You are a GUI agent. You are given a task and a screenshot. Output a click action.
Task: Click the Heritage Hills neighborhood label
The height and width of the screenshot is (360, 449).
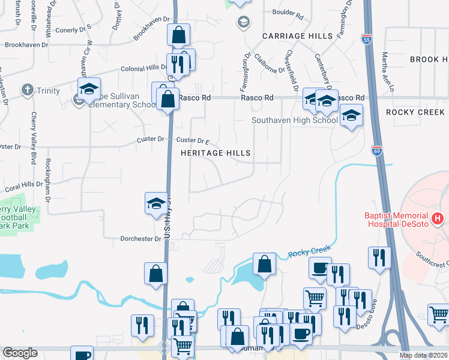pyautogui.click(x=215, y=153)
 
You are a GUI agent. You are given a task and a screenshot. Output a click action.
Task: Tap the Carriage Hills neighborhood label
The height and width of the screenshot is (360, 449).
pyautogui.click(x=297, y=36)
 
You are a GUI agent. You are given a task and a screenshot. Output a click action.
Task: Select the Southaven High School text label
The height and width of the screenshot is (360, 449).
pyautogui.click(x=295, y=120)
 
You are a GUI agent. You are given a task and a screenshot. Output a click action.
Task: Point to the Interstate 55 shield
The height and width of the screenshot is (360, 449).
pyautogui.click(x=367, y=39)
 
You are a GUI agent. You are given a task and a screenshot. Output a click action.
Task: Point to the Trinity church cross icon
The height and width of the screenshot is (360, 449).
pyautogui.click(x=27, y=91)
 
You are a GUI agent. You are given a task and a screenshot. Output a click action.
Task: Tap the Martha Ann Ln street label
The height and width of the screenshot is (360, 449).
pyautogui.click(x=387, y=72)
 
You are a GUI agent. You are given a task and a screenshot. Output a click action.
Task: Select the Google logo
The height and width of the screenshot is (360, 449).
pyautogui.click(x=20, y=353)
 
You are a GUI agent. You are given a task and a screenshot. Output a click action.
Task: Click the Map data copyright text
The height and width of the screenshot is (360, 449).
pyautogui.click(x=423, y=355)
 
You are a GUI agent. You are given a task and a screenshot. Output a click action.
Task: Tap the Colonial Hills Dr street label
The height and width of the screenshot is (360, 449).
pyautogui.click(x=142, y=68)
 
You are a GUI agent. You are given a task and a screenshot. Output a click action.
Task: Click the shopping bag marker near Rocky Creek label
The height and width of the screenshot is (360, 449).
pyautogui.click(x=264, y=263)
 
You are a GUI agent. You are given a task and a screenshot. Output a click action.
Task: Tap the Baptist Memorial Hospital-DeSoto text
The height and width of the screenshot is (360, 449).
pyautogui.click(x=397, y=220)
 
